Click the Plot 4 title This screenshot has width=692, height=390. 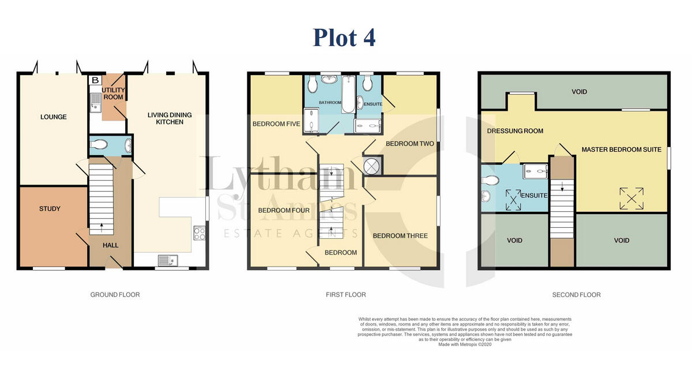click(x=344, y=37)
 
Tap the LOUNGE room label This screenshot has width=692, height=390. click(x=53, y=117)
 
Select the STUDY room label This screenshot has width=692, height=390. click(x=50, y=209)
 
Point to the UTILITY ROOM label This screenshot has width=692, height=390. click(x=113, y=94)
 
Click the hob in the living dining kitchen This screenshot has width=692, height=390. click(x=200, y=234)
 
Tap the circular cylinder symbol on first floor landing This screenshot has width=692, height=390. click(x=373, y=166)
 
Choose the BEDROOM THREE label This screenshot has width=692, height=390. click(x=400, y=236)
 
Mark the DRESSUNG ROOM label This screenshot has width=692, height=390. click(x=515, y=131)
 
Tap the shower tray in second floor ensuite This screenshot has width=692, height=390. click(x=535, y=169)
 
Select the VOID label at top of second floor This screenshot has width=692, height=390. click(x=579, y=92)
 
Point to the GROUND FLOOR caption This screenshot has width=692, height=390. click(x=115, y=295)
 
